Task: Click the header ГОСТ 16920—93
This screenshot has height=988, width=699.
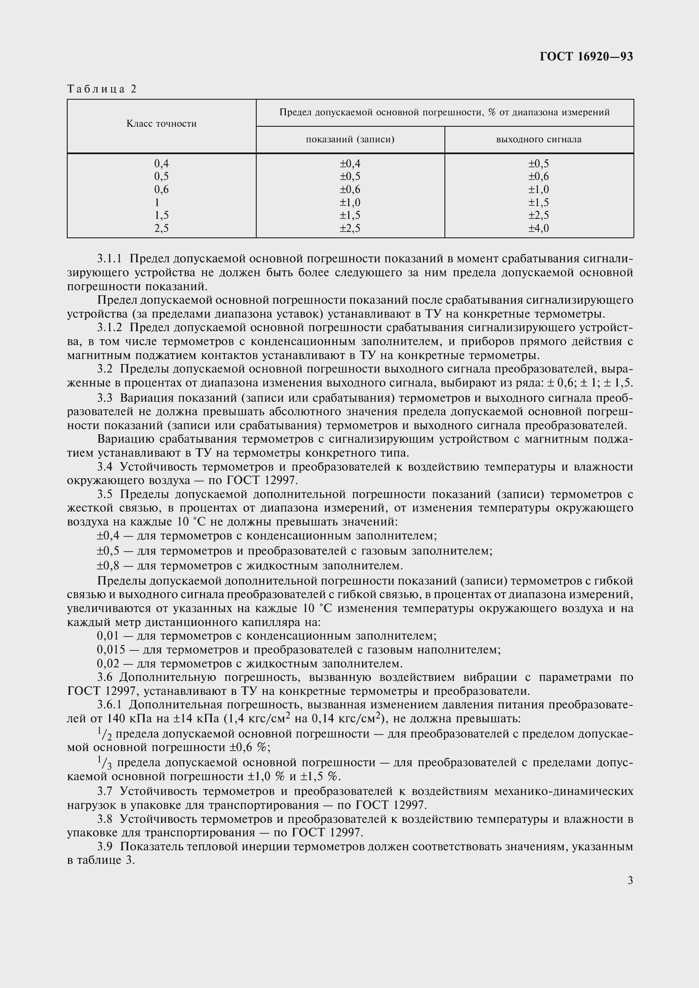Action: coord(586,57)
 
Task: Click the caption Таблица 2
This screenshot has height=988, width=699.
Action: coord(102,89)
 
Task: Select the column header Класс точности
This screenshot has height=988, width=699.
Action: coord(162,124)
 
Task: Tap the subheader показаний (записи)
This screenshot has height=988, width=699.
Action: coord(350,139)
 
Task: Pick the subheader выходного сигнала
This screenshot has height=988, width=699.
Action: coord(539,139)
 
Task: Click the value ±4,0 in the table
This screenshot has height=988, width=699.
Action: coord(539,228)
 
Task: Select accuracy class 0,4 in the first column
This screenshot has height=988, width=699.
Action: coord(162,163)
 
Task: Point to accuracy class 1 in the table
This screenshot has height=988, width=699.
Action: coord(157,202)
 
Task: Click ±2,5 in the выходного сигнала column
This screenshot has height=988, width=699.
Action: coord(539,215)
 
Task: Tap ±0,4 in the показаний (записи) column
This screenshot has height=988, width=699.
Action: coord(350,163)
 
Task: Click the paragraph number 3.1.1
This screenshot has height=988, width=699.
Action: coord(110,259)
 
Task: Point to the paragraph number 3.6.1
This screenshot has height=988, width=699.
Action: coord(110,705)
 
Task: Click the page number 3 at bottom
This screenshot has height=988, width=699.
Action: coord(630,880)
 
